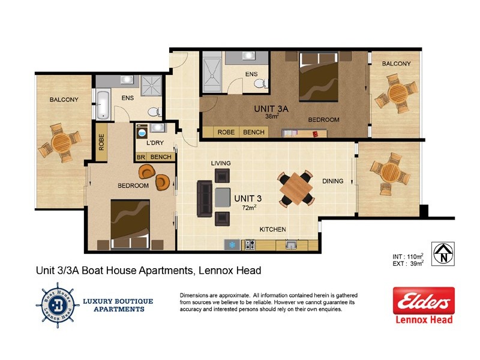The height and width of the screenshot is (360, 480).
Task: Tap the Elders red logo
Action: point(423,301)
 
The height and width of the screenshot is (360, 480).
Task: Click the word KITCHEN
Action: point(272,230)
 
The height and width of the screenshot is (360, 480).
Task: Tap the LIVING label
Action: point(221,163)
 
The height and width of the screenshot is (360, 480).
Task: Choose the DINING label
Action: point(333,181)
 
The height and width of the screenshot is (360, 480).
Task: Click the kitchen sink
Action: point(291,244)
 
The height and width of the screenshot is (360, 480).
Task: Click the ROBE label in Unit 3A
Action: point(226,132)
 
